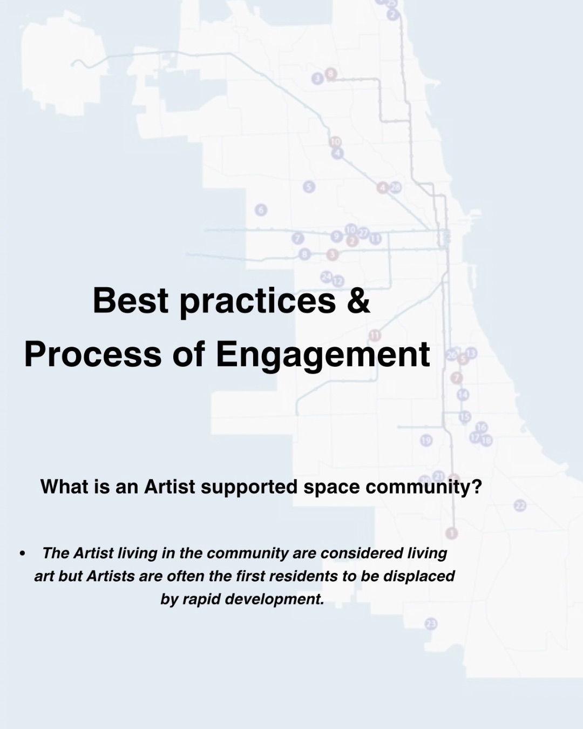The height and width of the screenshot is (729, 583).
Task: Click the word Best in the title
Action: point(131,300)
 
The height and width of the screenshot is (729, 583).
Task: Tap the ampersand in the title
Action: point(358,300)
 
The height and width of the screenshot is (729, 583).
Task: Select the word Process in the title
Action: point(93,354)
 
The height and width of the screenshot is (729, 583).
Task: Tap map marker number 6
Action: point(261,210)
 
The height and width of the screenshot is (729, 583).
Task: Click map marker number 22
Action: point(520,506)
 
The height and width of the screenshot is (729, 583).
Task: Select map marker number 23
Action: point(431,624)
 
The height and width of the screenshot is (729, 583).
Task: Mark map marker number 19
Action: point(426,441)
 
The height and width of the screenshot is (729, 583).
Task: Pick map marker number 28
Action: point(395,187)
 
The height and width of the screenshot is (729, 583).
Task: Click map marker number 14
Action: point(463,395)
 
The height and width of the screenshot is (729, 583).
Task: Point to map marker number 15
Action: point(465,417)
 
